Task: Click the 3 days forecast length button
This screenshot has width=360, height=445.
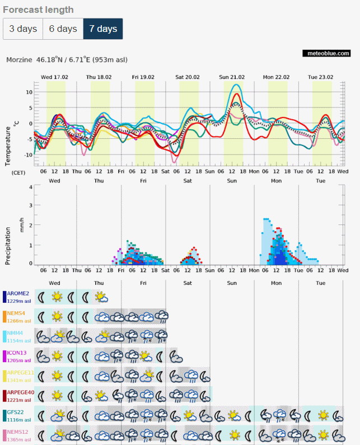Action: (x=23, y=29)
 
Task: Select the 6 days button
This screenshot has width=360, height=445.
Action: (x=63, y=29)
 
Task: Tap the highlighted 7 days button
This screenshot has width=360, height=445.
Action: (x=103, y=29)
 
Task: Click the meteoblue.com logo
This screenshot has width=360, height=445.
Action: (x=326, y=53)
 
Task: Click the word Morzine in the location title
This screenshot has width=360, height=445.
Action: (x=19, y=60)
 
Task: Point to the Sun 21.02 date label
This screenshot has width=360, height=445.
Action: (x=232, y=77)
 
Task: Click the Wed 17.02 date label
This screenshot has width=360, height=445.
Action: (x=54, y=77)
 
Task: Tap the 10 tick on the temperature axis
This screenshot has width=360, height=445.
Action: (x=29, y=92)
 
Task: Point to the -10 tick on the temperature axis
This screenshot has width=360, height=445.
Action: (x=28, y=155)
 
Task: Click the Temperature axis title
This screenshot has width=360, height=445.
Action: (x=8, y=146)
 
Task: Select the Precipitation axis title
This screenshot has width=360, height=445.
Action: (x=8, y=246)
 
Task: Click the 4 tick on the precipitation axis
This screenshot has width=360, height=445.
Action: (x=31, y=188)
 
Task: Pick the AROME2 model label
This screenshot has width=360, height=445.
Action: (x=18, y=293)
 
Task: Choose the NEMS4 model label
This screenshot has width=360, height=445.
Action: (x=16, y=313)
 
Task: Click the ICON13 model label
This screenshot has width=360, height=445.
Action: (x=17, y=353)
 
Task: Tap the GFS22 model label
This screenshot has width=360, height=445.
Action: (x=15, y=412)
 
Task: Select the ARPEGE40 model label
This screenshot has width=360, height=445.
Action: (x=21, y=392)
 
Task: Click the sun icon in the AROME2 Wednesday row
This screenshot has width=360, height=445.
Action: (x=57, y=297)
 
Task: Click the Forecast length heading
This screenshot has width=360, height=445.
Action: (x=38, y=10)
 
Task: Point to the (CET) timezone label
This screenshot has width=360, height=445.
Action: (x=18, y=173)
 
